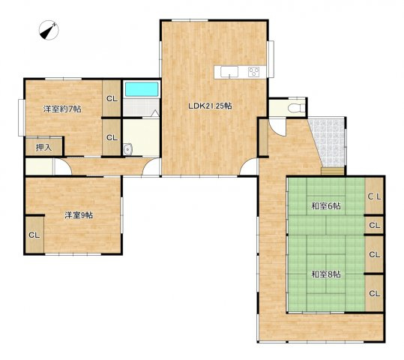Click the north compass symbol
(49, 31)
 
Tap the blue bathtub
(142, 89)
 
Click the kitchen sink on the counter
(229, 72)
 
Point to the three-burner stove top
(253, 72)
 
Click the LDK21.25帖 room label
(210, 106)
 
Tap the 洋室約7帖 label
(62, 109)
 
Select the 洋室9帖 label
(79, 215)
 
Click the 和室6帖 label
(326, 206)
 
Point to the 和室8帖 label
(326, 274)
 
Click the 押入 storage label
(43, 148)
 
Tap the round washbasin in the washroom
(127, 149)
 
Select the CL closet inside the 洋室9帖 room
(34, 235)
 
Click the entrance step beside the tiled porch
(332, 171)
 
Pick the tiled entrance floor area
(329, 142)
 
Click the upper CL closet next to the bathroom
(112, 98)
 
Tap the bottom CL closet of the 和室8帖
(374, 293)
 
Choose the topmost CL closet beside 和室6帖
(374, 196)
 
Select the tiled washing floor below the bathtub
(140, 106)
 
